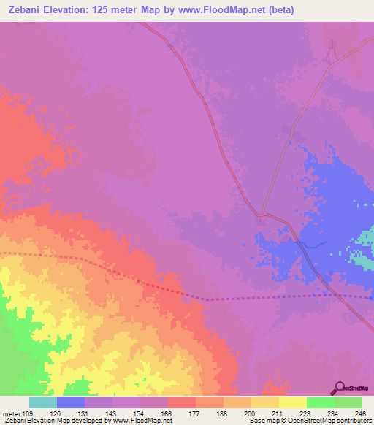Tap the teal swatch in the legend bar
43,402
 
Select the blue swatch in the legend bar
71,402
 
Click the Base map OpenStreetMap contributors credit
310,421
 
